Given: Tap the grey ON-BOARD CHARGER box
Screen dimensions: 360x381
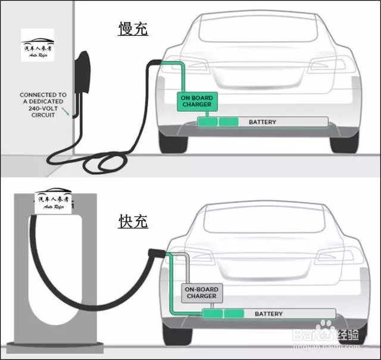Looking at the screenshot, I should [x=201, y=292].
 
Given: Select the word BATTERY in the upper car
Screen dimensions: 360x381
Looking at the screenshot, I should [x=263, y=122].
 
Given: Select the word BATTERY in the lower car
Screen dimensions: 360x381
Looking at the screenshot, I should [x=269, y=314].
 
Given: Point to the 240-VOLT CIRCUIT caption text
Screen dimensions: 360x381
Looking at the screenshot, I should [x=43, y=105].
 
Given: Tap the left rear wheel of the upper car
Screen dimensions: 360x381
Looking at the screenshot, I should [x=174, y=142].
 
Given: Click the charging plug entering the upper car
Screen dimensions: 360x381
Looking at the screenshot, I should [x=156, y=62].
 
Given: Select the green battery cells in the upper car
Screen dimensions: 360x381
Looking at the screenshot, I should [x=217, y=122].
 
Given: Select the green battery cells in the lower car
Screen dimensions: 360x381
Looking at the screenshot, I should [x=223, y=314].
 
